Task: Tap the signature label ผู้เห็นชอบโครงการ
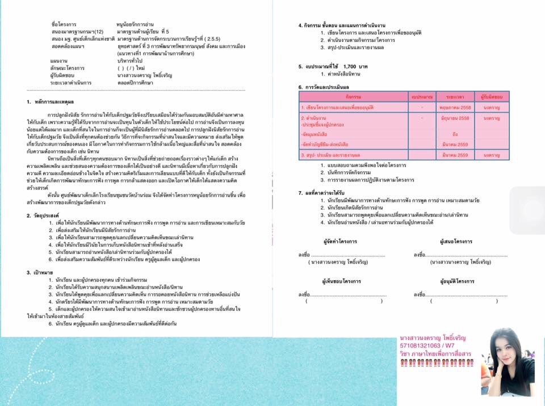[x=342, y=281]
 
